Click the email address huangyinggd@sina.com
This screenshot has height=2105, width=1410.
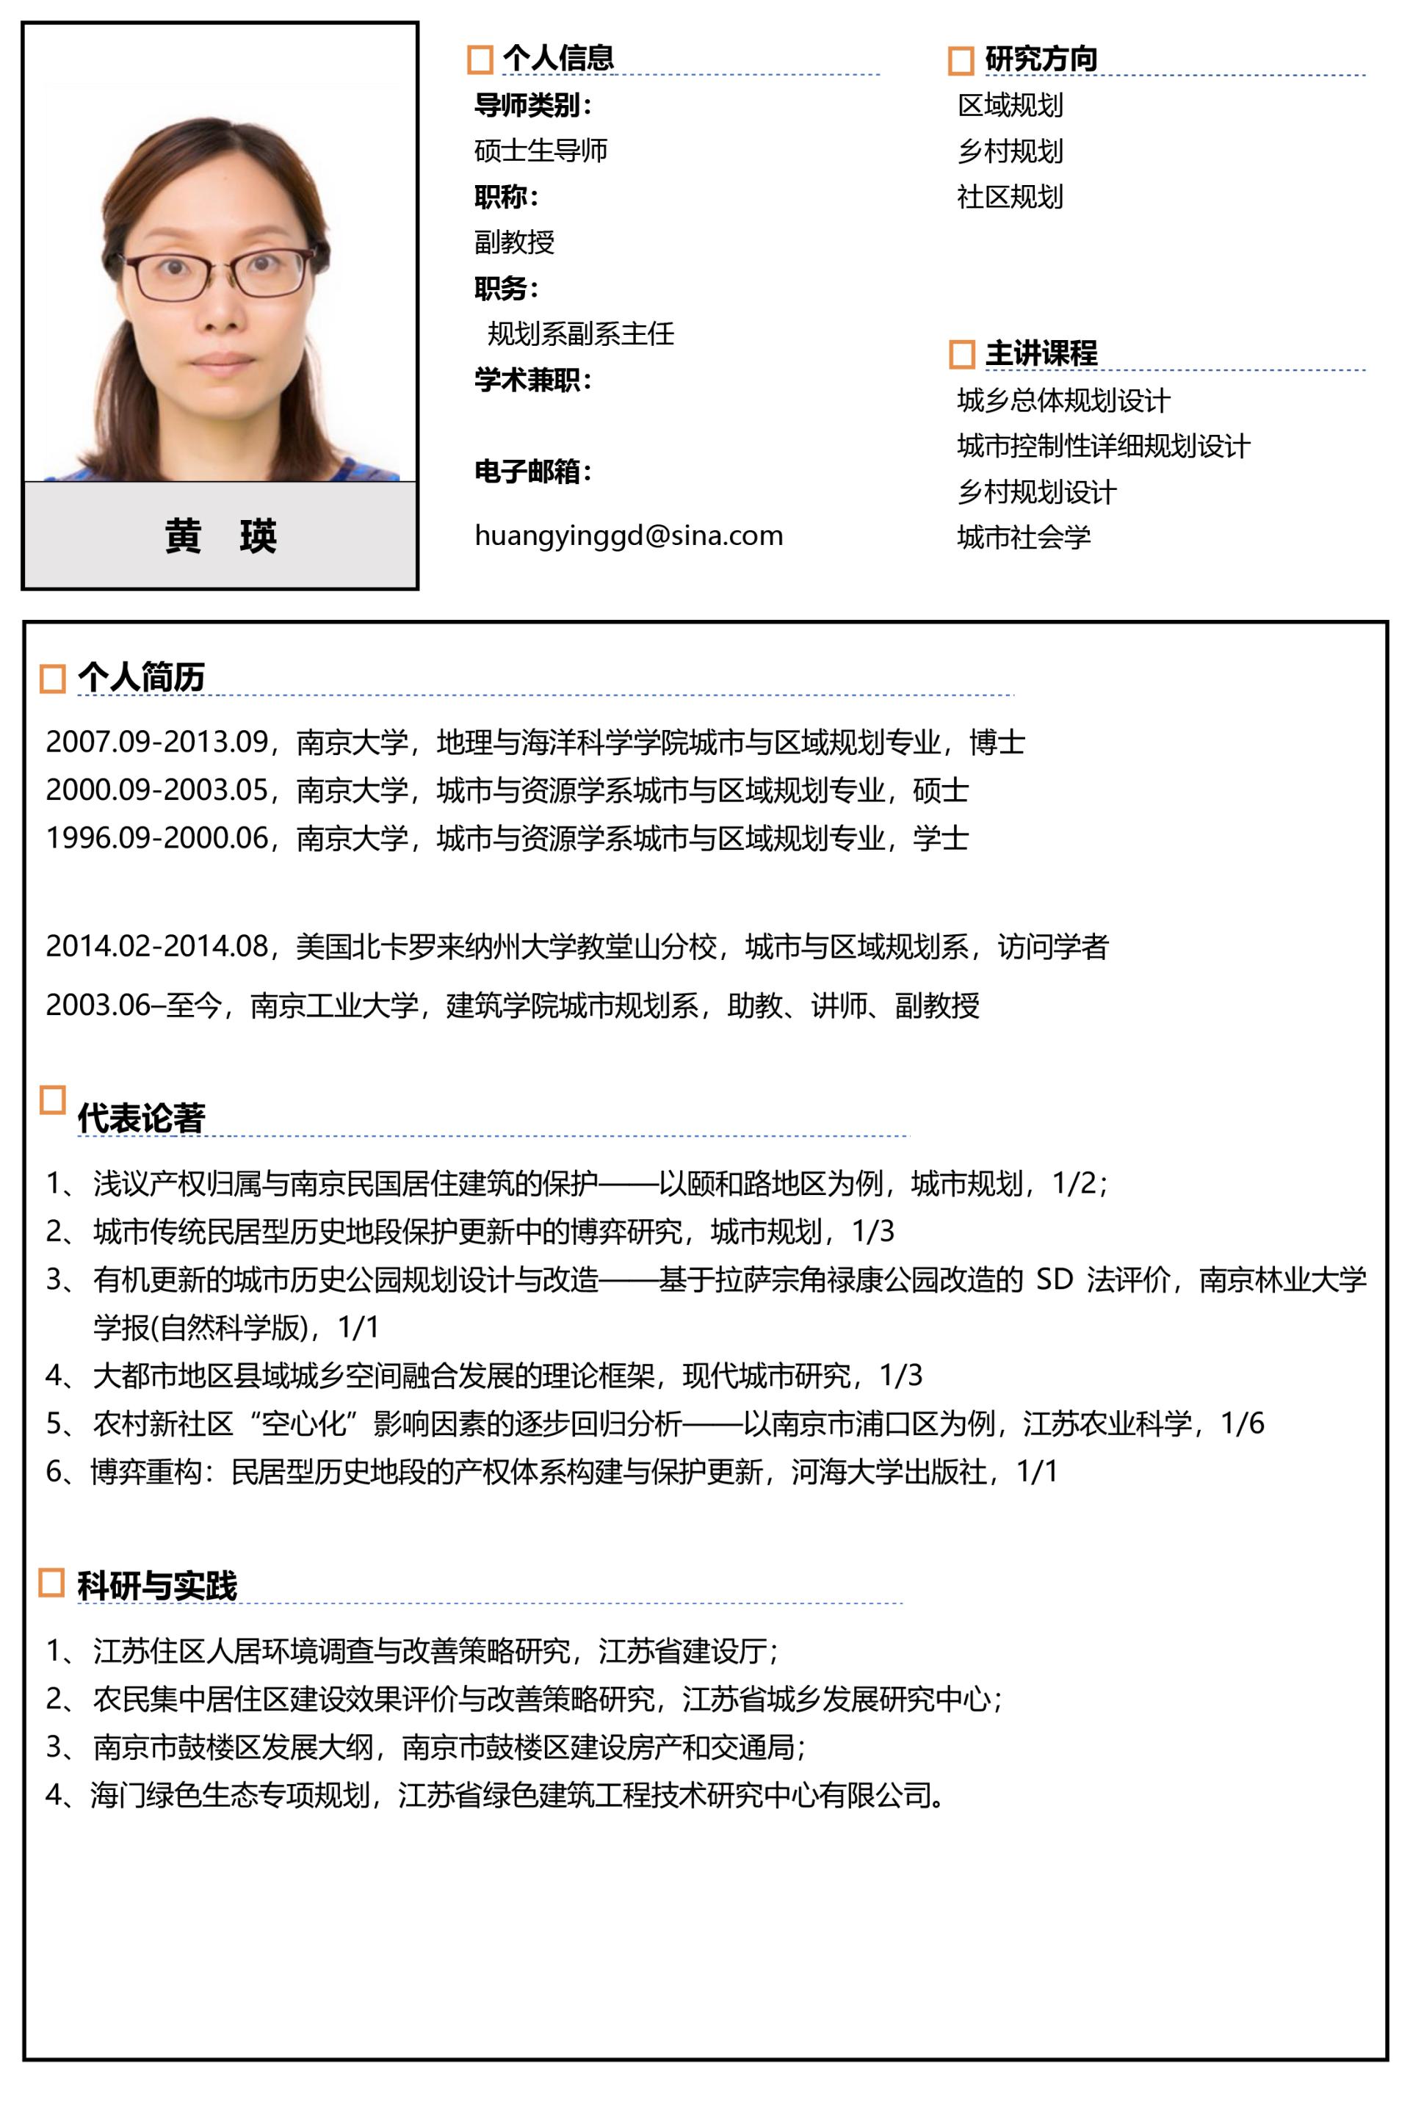click(629, 536)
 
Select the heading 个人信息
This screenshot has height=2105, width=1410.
click(557, 59)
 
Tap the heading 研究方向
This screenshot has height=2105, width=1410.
click(1041, 59)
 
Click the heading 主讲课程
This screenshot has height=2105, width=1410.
click(1041, 353)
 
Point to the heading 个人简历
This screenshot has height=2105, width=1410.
click(141, 677)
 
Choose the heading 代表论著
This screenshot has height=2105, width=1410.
click(141, 1118)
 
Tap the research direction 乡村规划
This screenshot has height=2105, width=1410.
click(1010, 151)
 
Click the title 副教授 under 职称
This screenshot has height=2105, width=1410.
click(514, 242)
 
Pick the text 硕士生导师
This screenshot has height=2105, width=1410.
click(540, 150)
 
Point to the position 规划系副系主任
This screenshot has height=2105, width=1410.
click(580, 334)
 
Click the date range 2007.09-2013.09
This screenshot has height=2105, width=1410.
click(157, 742)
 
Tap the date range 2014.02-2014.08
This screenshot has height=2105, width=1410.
click(157, 946)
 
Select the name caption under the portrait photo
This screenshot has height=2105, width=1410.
click(220, 536)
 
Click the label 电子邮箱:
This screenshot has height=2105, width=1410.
click(532, 472)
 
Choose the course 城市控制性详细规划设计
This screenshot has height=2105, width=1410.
click(1103, 446)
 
